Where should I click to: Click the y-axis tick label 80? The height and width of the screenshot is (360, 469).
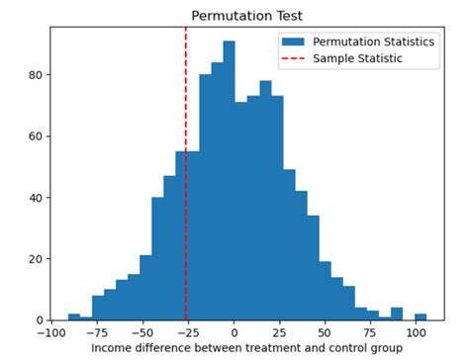34,75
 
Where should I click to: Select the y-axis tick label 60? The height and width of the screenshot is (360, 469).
34,136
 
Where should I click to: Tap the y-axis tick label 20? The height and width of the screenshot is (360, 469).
34,259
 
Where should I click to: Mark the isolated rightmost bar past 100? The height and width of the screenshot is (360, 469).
421,316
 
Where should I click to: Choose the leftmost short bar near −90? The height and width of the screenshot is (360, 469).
74,316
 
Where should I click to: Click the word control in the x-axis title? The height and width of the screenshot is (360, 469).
339,349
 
